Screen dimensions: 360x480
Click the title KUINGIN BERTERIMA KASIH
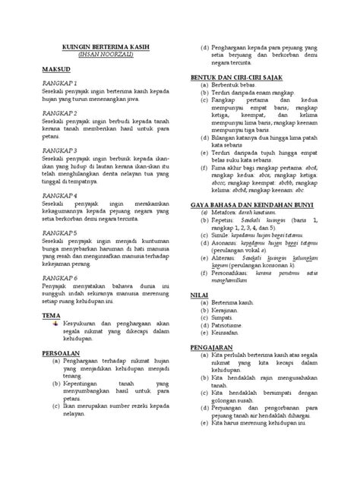pos(105,48)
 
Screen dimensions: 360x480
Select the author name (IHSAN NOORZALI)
pos(105,55)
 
